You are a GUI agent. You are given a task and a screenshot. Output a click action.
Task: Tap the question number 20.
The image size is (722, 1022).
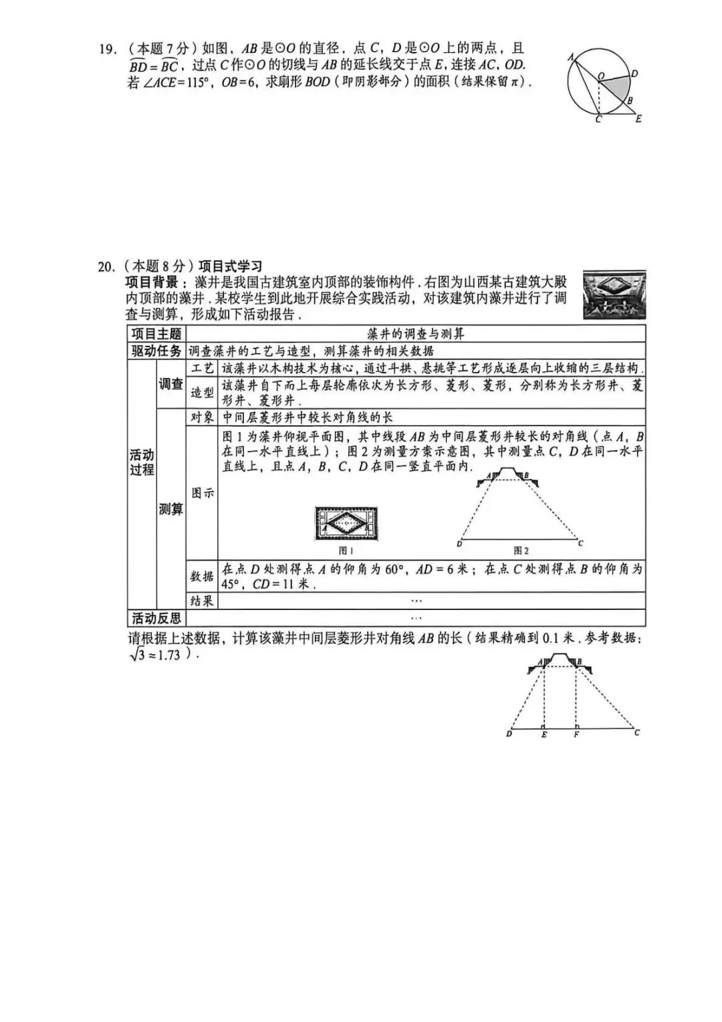coord(106,266)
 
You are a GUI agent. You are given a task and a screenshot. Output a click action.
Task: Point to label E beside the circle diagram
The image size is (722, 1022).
coord(638,119)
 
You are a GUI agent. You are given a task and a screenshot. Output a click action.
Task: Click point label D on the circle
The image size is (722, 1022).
coord(634,74)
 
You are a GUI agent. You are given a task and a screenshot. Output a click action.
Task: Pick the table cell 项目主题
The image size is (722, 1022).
coord(156,334)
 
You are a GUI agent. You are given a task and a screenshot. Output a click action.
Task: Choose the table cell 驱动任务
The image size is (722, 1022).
coord(156,351)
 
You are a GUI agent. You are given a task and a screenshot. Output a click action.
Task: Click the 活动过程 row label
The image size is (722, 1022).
coord(142,462)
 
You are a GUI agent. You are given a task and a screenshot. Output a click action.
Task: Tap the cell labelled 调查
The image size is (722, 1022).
coord(171,384)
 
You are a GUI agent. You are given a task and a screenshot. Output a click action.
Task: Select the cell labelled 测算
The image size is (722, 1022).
coord(171,509)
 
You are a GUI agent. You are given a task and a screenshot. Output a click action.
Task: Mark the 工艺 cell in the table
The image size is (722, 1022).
coord(202,369)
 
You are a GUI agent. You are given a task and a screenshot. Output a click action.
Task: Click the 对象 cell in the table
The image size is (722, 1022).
coord(202,417)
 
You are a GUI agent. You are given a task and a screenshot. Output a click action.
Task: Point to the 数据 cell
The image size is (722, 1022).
coord(202,577)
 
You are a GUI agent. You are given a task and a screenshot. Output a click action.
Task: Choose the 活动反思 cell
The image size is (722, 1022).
coord(156,618)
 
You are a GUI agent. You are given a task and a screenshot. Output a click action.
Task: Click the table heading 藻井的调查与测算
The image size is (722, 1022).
coord(416,334)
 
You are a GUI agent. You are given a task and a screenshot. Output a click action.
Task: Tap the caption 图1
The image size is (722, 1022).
coord(346,550)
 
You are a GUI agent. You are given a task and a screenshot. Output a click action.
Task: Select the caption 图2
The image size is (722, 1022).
coord(521,550)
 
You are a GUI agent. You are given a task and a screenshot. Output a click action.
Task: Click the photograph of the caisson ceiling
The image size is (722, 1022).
coord(614,295)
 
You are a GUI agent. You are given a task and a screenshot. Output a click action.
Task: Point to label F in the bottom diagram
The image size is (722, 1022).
coord(576,735)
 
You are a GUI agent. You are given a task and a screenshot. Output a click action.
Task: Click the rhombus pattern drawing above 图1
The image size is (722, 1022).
coord(347,524)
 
